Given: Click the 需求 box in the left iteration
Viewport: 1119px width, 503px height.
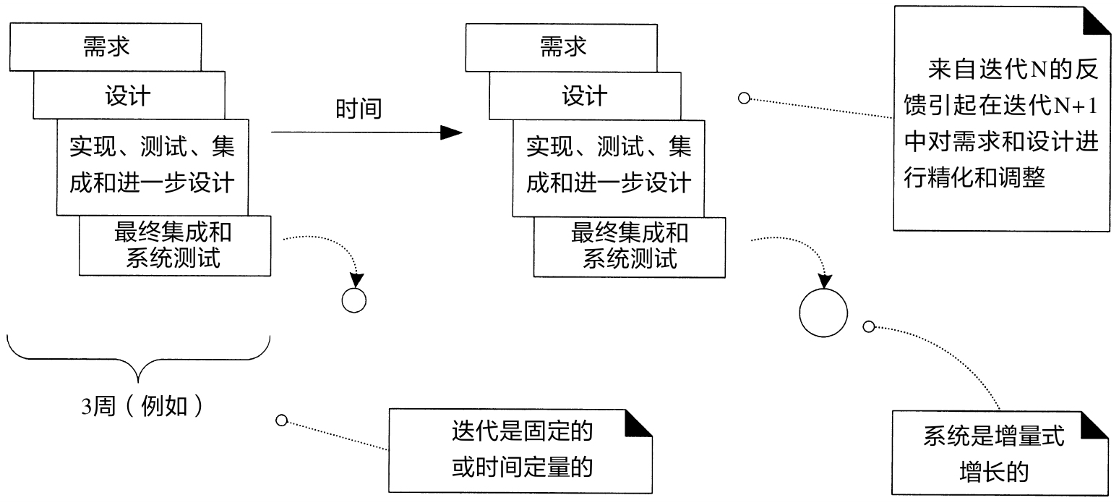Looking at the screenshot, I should tap(106, 48).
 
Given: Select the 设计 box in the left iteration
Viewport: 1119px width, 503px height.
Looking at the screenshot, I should tap(127, 96).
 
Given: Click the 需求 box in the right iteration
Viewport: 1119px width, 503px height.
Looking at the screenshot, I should tap(562, 48).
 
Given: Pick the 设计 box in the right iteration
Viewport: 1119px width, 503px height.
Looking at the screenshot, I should tap(584, 96).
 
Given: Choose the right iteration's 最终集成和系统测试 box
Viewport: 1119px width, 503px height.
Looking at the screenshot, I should tap(630, 246).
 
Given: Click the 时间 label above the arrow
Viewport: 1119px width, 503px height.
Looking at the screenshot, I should tap(358, 109).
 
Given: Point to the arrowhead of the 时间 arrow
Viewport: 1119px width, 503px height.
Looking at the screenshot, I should tap(451, 132).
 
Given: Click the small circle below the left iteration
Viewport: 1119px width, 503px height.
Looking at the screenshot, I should tap(354, 300).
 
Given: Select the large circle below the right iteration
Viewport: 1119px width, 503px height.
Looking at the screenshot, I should tap(823, 312).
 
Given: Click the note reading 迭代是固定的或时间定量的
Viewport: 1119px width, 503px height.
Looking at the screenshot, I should tap(520, 450).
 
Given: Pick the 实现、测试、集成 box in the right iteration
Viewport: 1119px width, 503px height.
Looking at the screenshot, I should tap(608, 166).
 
